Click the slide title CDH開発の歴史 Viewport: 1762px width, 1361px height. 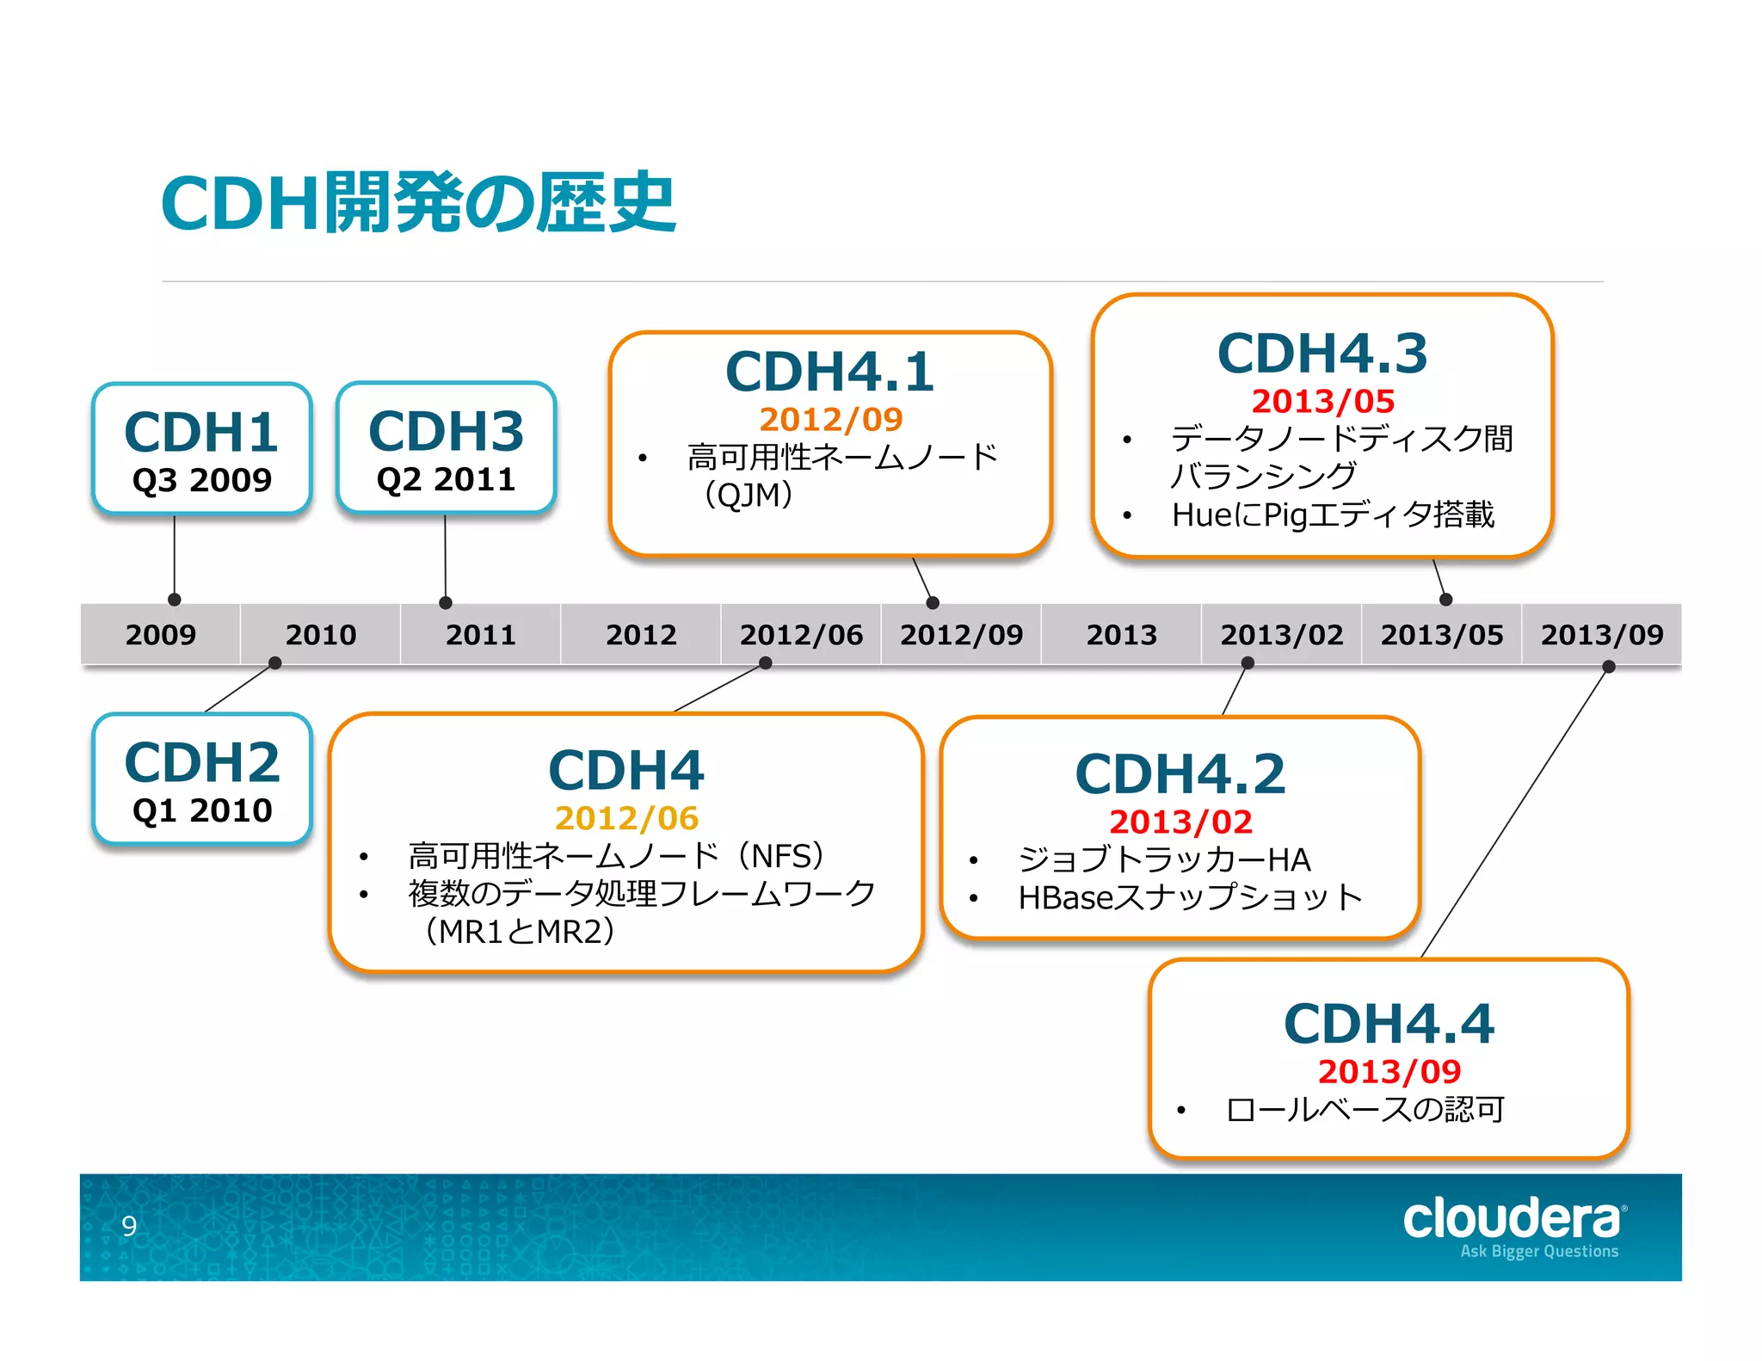click(x=418, y=203)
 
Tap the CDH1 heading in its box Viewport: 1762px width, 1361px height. click(x=201, y=432)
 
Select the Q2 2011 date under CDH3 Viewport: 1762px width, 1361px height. click(x=446, y=479)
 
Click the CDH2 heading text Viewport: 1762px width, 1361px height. click(x=202, y=763)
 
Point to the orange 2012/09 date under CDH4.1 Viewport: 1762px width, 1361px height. click(x=830, y=419)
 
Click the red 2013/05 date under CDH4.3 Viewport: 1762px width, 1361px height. click(x=1322, y=401)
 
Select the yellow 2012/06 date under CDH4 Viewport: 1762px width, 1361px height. click(x=626, y=818)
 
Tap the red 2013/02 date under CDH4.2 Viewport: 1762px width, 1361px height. click(x=1180, y=822)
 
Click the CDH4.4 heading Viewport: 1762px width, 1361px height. click(x=1389, y=1024)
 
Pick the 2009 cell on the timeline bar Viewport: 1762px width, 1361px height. click(x=161, y=635)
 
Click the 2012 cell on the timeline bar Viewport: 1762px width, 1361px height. click(x=641, y=635)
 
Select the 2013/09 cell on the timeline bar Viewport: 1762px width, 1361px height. click(x=1601, y=635)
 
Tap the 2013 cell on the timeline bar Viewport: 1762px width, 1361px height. click(x=1121, y=635)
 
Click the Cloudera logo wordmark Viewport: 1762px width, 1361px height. click(x=1512, y=1218)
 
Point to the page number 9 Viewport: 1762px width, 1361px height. click(x=129, y=1225)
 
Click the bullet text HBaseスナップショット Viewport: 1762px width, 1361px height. click(x=1190, y=897)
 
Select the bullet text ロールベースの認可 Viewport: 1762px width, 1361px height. click(x=1365, y=1110)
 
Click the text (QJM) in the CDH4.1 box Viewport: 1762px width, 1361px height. click(x=748, y=495)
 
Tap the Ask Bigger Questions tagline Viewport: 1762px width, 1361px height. click(x=1538, y=1251)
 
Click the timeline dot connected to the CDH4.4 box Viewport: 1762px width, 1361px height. click(x=1608, y=667)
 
